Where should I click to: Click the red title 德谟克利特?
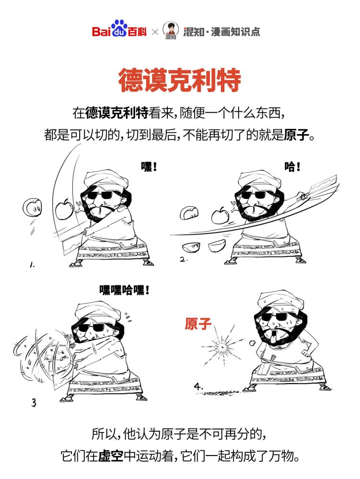[179, 80]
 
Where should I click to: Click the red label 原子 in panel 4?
[198, 324]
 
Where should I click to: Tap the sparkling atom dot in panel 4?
[222, 345]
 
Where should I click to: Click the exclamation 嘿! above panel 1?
[149, 167]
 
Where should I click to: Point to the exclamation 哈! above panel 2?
[292, 167]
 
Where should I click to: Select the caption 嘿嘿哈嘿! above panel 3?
[124, 289]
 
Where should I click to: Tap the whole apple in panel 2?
[220, 215]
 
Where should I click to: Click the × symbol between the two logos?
[155, 32]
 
